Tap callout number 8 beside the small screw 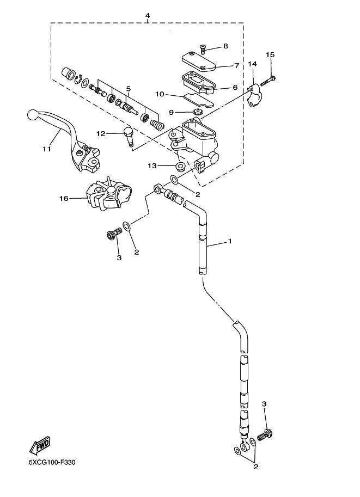[225, 47]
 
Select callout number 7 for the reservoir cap [237, 65]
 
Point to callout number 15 [270, 55]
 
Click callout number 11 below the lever [47, 149]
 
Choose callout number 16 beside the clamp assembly [63, 199]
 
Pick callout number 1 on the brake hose [230, 241]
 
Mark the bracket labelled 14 [255, 96]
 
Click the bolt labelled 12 [129, 136]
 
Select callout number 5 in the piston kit [129, 88]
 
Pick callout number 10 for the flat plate [160, 94]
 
